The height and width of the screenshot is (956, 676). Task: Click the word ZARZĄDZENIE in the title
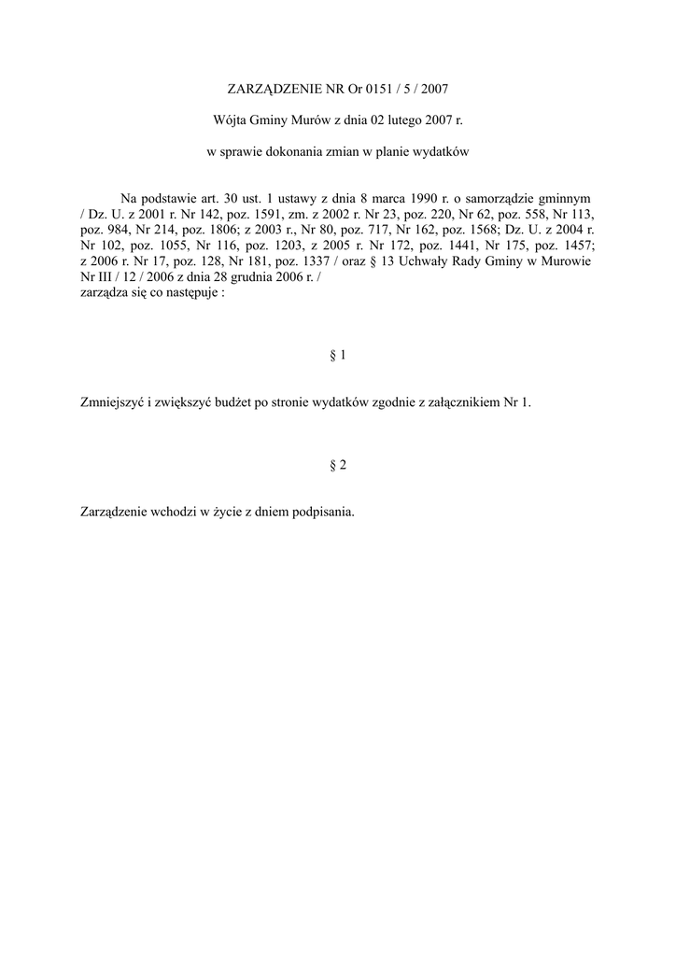coord(275,90)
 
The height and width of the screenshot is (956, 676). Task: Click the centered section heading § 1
coord(338,355)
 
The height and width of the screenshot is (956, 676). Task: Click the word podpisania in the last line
coord(323,512)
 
